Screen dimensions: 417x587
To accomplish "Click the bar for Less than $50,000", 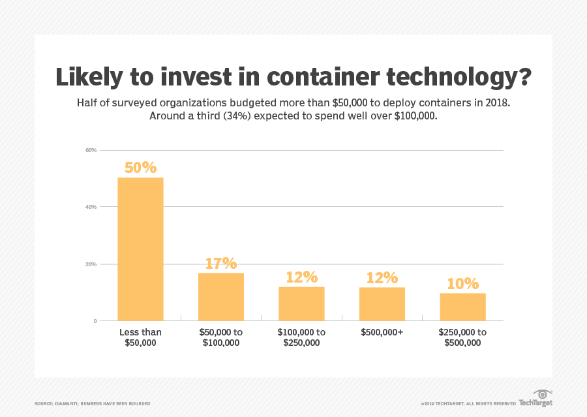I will point(140,249).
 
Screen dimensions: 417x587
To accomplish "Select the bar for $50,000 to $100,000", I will point(220,296).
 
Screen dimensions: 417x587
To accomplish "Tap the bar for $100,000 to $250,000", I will point(301,303).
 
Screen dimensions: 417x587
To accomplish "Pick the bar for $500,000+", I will point(382,303).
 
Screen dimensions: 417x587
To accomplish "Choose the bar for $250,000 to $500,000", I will point(462,307).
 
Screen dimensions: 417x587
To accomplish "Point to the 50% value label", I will point(140,168).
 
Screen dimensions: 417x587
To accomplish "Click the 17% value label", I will point(220,263).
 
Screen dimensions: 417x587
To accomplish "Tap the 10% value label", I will point(462,284).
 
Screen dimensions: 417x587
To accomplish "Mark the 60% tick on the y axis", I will point(91,150).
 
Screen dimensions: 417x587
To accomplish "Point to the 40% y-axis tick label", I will point(91,207).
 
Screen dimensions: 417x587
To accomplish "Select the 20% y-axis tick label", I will point(91,264).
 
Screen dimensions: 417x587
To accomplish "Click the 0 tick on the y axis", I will point(95,321).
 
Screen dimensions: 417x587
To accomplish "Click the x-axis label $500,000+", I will point(382,332).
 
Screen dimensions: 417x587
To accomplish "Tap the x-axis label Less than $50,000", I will point(140,337).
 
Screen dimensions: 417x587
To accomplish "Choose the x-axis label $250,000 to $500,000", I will point(462,337).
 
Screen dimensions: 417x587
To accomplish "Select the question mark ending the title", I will point(522,76).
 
